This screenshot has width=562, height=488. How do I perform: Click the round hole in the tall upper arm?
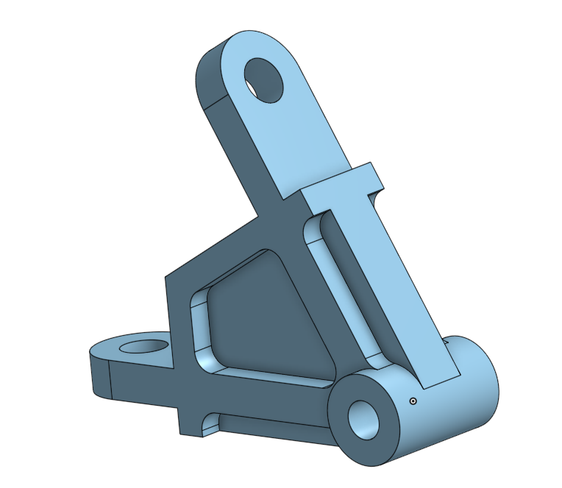tap(263, 79)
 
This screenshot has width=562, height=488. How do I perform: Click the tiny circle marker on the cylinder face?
tap(413, 401)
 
